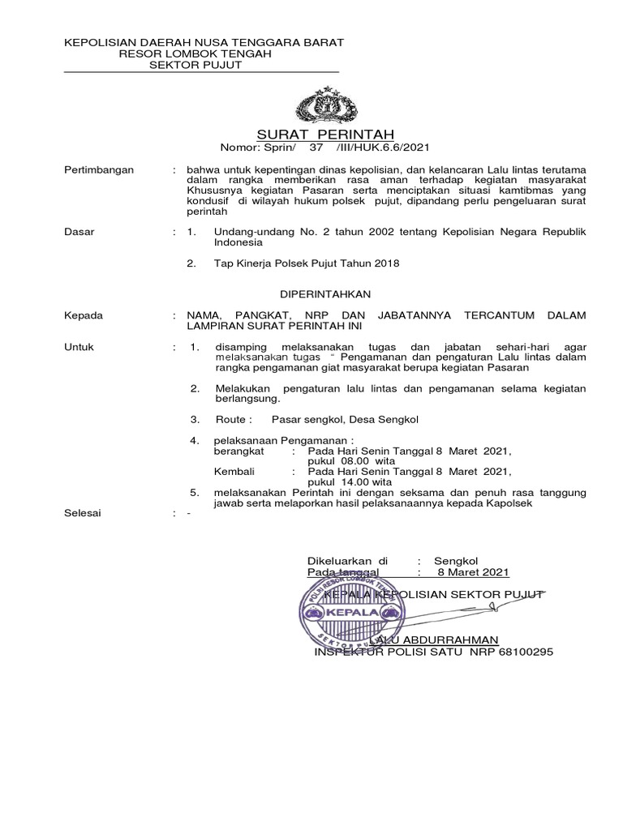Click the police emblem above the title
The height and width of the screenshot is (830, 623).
click(324, 103)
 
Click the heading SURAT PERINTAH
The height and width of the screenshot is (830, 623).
click(324, 134)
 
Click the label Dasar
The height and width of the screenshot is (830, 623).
click(79, 232)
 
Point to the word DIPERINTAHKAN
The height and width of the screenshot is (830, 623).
click(324, 294)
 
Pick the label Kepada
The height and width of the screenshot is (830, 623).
click(82, 315)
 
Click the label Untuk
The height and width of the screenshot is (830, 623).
click(79, 347)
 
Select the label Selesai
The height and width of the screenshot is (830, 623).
click(83, 513)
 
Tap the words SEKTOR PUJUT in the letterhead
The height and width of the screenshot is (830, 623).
click(201, 65)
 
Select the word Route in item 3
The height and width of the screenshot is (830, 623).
click(230, 420)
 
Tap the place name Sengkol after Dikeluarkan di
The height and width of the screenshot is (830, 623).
click(456, 560)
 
